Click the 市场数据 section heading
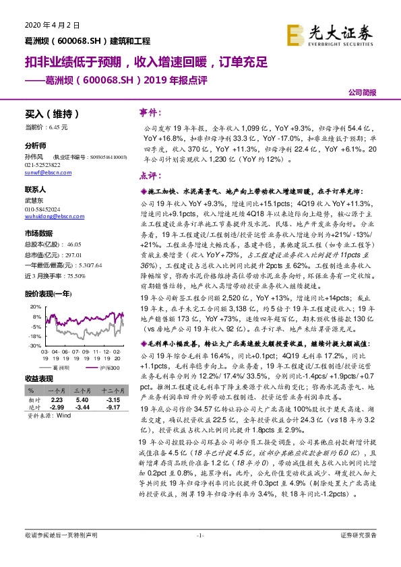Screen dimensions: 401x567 click(40, 232)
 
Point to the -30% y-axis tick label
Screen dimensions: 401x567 click(32, 345)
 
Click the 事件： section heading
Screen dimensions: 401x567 click(152, 111)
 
